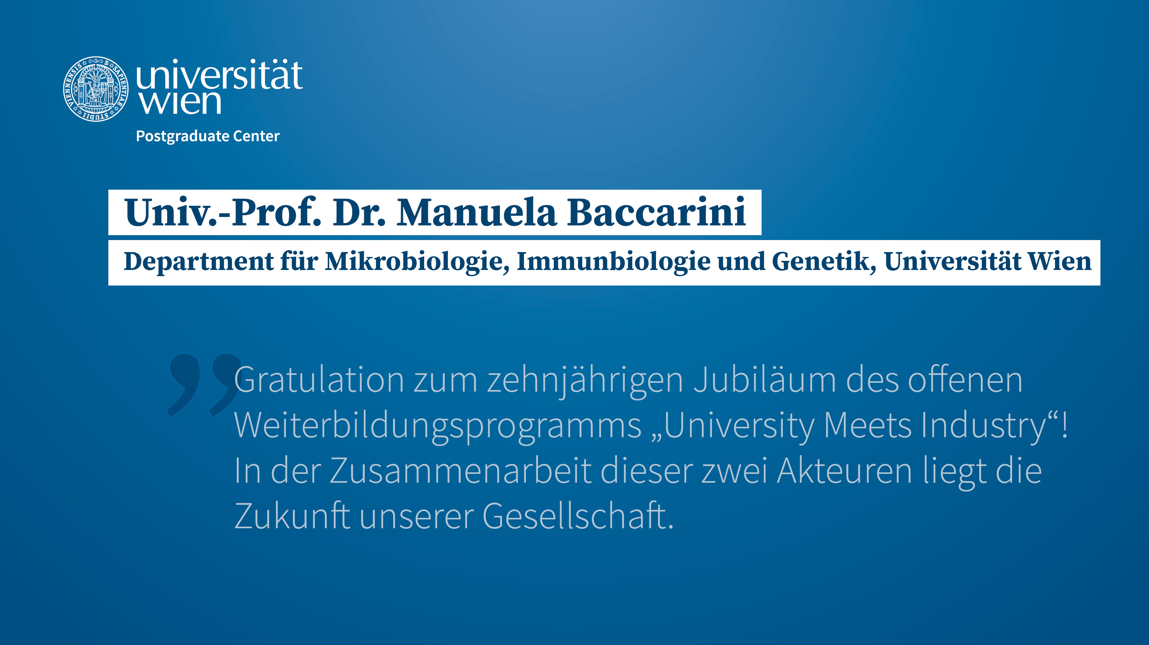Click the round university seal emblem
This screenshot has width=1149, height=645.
pos(96,88)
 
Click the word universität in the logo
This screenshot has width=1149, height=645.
pos(219,75)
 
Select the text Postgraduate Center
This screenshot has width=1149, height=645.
pos(207,136)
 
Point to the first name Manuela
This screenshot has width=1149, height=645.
pos(477,212)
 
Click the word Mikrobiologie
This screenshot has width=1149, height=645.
pos(417,262)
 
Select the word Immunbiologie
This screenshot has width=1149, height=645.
pos(613,262)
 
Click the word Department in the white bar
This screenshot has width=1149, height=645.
pos(198,262)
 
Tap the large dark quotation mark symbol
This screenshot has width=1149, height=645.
pos(203,383)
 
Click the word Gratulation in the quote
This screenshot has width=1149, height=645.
pos(319,380)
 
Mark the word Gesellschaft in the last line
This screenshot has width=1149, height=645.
pos(578,516)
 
